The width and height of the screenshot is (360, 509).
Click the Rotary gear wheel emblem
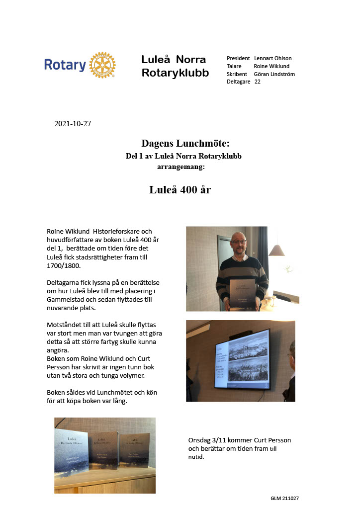(x=103, y=65)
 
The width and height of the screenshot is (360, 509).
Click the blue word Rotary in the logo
(x=65, y=65)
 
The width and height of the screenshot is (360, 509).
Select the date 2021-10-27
(x=73, y=124)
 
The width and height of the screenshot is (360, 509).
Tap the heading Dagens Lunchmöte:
(x=185, y=144)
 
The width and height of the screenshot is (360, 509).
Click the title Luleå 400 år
(x=180, y=189)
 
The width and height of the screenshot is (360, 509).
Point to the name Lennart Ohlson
(x=272, y=58)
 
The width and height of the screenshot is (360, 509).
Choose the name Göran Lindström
(x=274, y=74)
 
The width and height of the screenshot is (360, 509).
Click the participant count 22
(x=258, y=82)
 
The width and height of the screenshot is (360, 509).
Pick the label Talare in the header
(x=234, y=66)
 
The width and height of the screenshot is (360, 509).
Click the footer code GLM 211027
(x=284, y=498)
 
